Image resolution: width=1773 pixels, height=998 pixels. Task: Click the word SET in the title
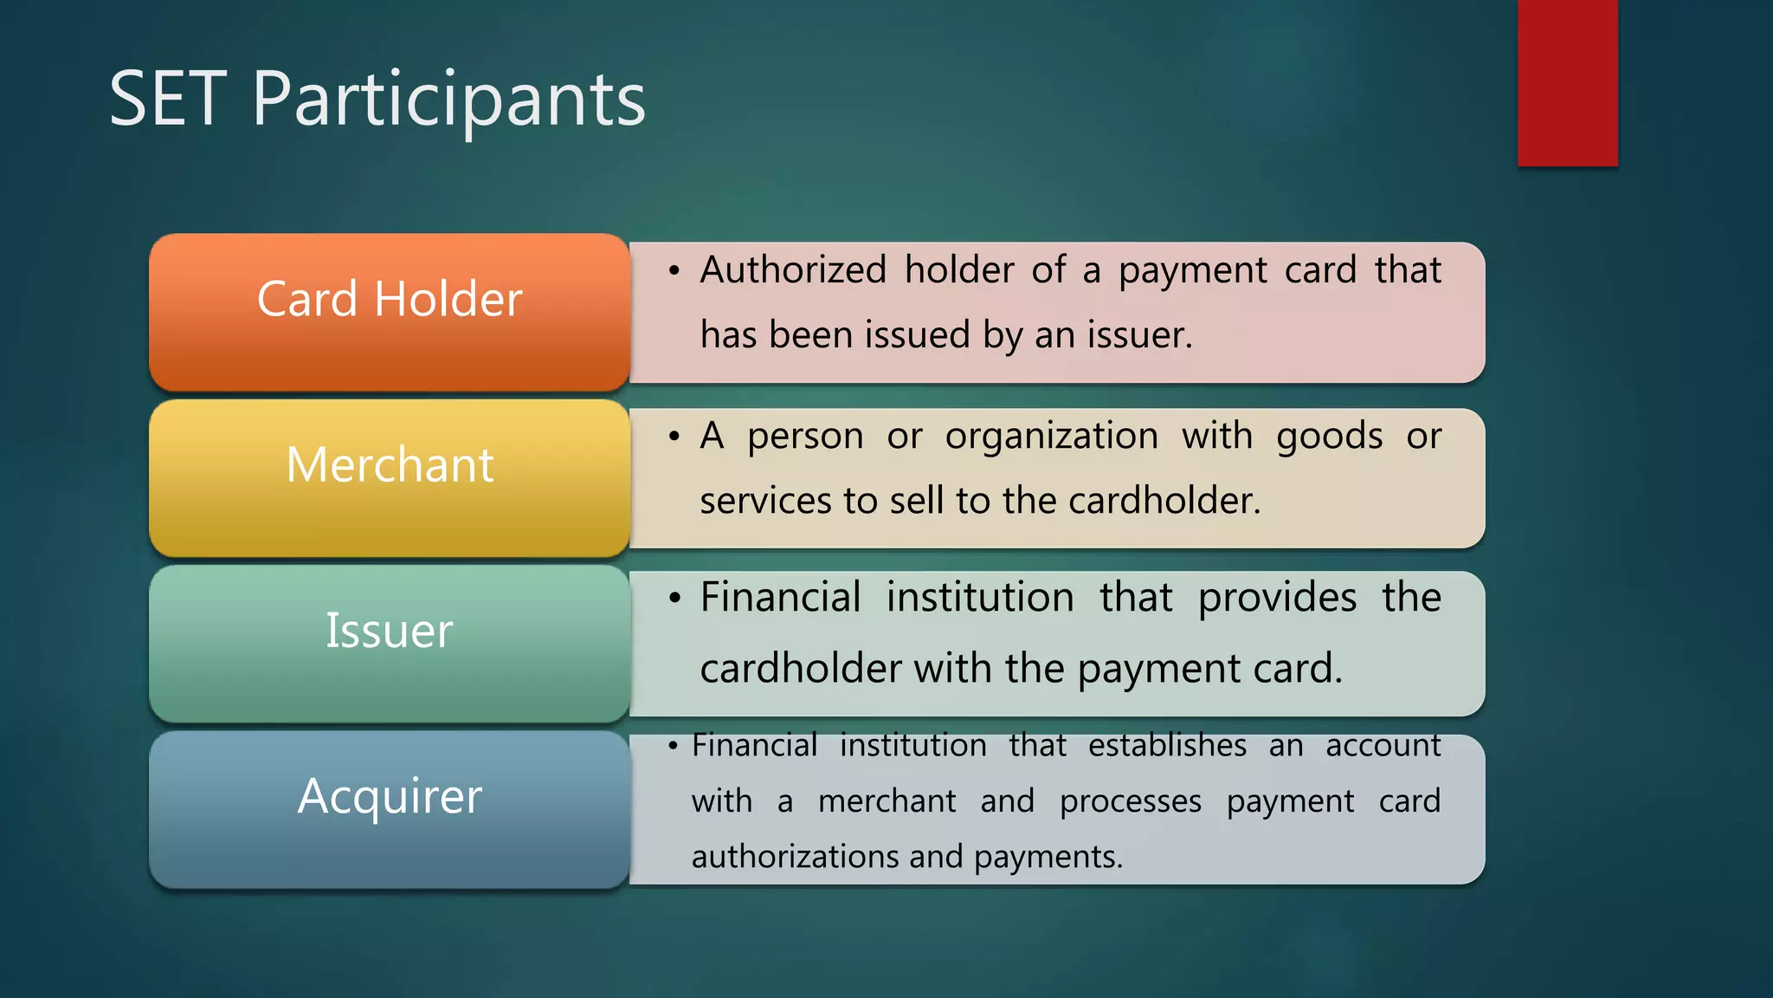pyautogui.click(x=168, y=100)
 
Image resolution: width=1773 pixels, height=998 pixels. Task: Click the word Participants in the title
pyautogui.click(x=449, y=101)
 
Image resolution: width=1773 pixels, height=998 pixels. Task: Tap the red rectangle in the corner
pyautogui.click(x=1567, y=82)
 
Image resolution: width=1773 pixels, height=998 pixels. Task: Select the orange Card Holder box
pyautogui.click(x=390, y=312)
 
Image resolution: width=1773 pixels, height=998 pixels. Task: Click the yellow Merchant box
pyautogui.click(x=390, y=477)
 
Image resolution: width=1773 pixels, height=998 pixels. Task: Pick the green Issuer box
pyautogui.click(x=390, y=643)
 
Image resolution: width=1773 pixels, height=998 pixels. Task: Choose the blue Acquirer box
pyautogui.click(x=390, y=808)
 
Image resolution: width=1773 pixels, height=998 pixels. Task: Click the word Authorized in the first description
pyautogui.click(x=793, y=270)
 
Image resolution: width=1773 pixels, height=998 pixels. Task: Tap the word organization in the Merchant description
pyautogui.click(x=1051, y=437)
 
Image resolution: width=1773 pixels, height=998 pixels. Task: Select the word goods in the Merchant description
pyautogui.click(x=1329, y=437)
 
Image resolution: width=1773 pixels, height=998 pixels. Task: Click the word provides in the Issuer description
pyautogui.click(x=1277, y=599)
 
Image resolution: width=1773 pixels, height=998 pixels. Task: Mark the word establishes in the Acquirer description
pyautogui.click(x=1167, y=746)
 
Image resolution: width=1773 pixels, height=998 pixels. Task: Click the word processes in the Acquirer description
pyautogui.click(x=1131, y=802)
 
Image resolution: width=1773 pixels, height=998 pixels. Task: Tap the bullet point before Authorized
pyautogui.click(x=674, y=271)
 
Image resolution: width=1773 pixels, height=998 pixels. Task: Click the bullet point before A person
pyautogui.click(x=674, y=437)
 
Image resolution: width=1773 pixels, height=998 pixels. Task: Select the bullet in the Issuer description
pyautogui.click(x=674, y=599)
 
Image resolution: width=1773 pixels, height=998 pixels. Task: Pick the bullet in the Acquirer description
pyautogui.click(x=673, y=746)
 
